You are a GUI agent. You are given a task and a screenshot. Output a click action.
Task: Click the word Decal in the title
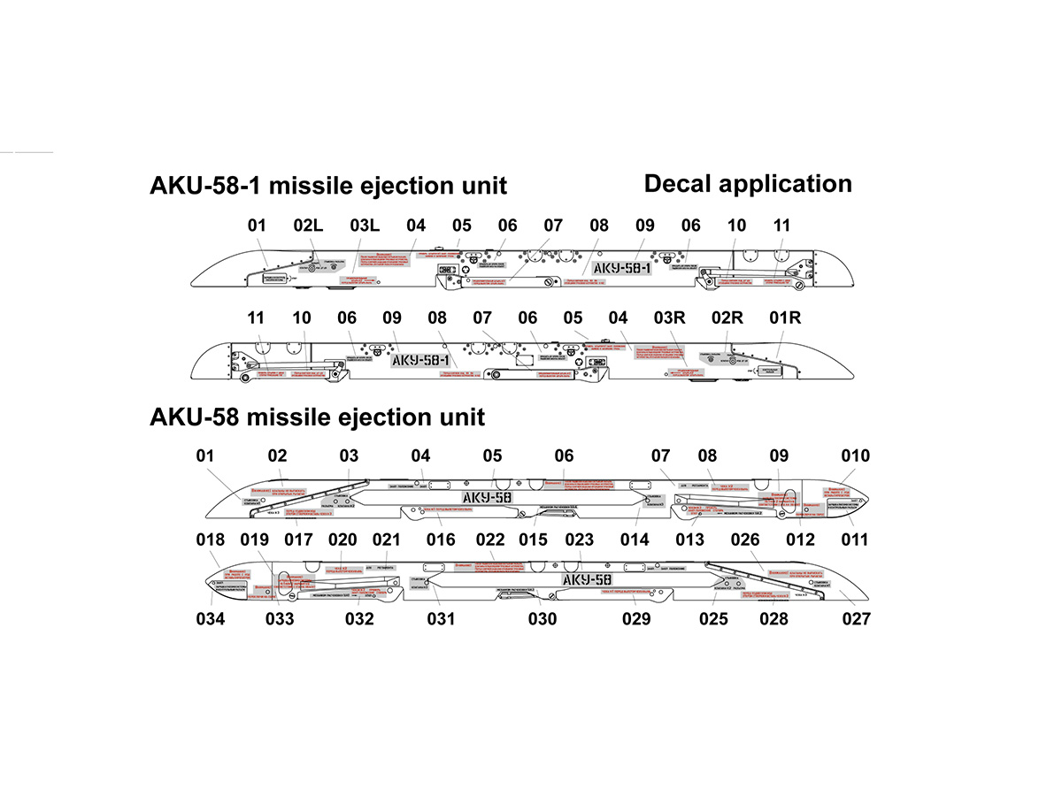[678, 184]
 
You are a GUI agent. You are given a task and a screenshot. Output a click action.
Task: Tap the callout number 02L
[308, 226]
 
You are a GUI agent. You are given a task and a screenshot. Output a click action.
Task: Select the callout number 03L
[365, 226]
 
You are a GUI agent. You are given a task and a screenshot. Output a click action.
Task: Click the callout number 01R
[785, 318]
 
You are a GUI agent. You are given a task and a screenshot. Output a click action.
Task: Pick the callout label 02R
[727, 318]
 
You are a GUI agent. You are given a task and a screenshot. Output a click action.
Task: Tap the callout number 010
[856, 455]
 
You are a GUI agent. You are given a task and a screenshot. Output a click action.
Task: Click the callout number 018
[211, 540]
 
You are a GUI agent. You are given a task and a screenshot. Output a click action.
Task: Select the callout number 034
[211, 619]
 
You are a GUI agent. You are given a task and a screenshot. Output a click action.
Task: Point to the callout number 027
[856, 619]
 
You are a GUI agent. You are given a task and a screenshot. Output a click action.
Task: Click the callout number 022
[490, 540]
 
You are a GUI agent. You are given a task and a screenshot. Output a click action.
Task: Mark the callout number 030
[543, 619]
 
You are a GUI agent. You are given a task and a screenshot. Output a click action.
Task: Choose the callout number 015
[534, 540]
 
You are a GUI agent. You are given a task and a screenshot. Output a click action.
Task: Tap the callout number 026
[745, 540]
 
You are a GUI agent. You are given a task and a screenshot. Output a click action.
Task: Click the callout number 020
[342, 540]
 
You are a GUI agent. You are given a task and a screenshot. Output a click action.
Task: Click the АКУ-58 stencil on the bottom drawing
[588, 579]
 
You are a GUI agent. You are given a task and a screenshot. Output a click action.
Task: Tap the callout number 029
[635, 619]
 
